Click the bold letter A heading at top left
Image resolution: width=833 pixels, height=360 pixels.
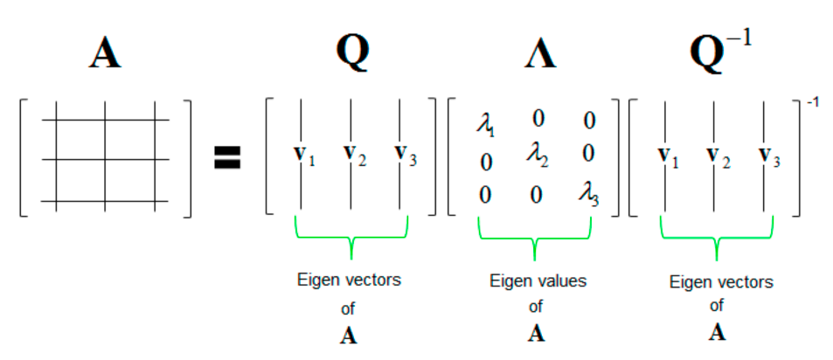tap(104, 54)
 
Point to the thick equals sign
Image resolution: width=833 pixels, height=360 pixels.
tap(227, 156)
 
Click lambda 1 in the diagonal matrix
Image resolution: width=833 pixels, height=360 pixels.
tap(485, 125)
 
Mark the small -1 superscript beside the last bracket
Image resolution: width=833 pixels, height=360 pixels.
tap(811, 103)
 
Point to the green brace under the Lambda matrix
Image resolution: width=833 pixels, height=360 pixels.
tap(535, 235)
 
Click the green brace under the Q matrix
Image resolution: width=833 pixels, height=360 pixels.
tap(351, 236)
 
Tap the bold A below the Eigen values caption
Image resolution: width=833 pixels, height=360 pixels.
tap(536, 332)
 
